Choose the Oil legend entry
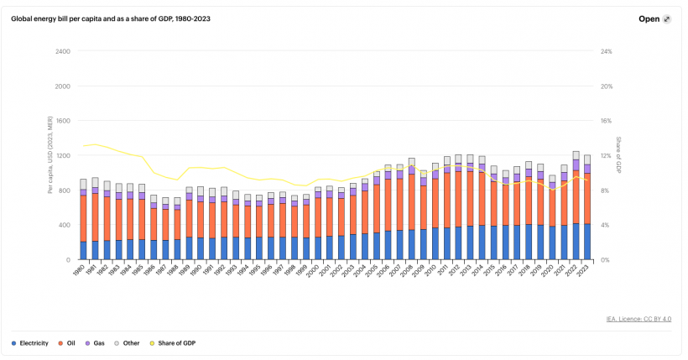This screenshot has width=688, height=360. tap(73, 342)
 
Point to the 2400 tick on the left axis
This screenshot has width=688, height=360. tap(61, 51)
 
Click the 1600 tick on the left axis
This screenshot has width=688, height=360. tap(61, 121)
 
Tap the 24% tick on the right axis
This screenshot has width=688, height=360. tap(607, 51)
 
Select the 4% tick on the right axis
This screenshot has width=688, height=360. tap(605, 225)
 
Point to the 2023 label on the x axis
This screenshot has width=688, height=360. tap(586, 272)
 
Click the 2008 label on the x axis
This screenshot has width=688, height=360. tap(410, 272)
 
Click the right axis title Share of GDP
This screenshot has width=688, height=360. tap(619, 155)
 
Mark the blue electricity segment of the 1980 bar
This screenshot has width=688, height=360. tap(83, 250)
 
